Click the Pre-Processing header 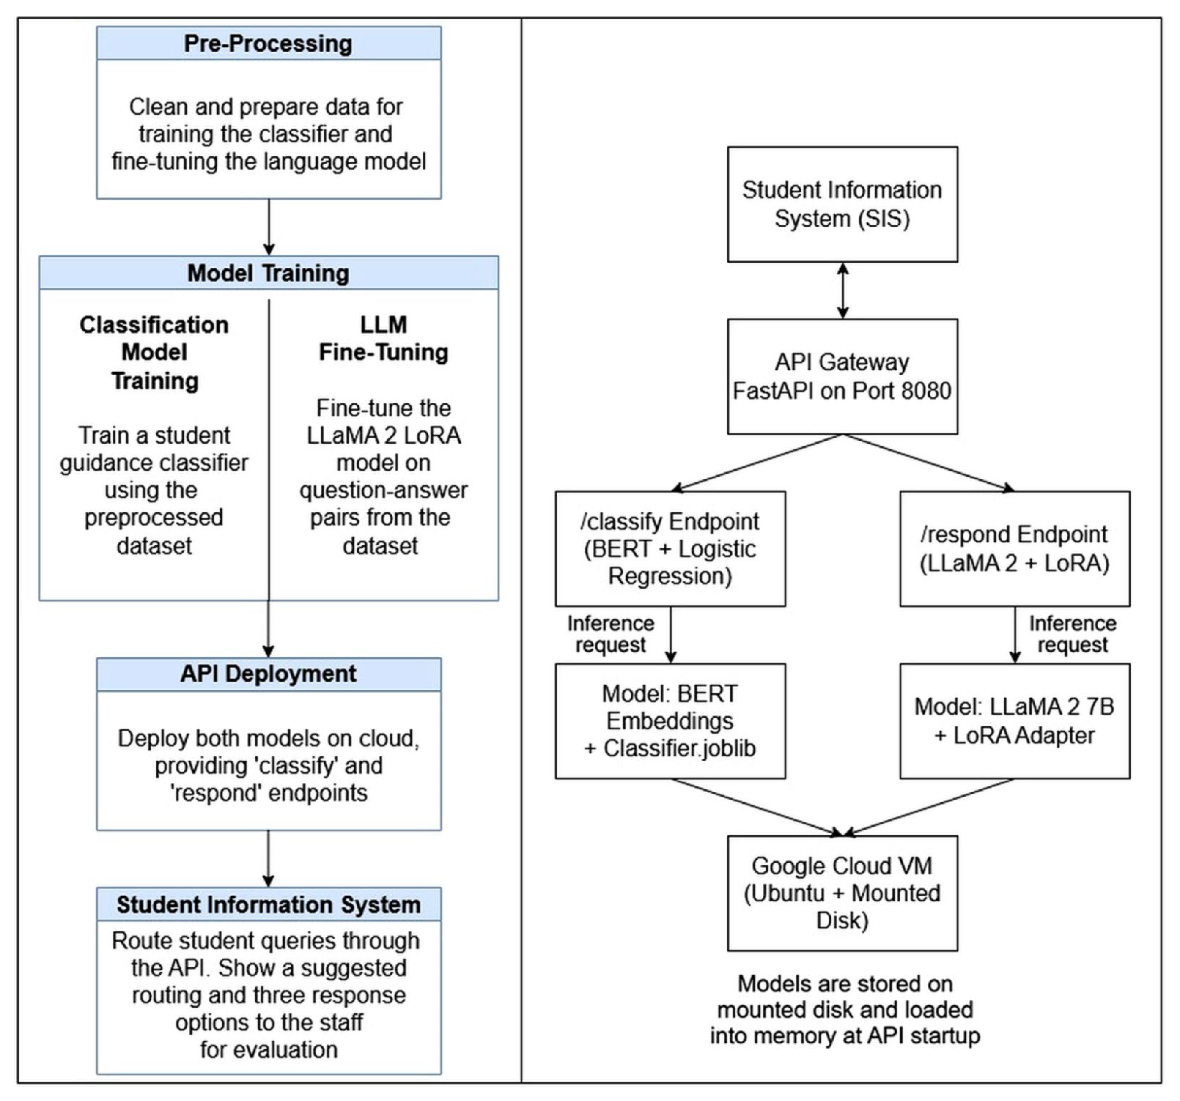(269, 43)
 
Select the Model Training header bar (269, 273)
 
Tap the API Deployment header (269, 674)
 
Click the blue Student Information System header (269, 904)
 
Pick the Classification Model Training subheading (154, 353)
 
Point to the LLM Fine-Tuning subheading (384, 338)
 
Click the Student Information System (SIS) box (842, 204)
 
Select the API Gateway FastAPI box (842, 376)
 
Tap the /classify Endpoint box (671, 548)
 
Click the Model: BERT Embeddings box (671, 720)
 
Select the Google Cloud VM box (842, 893)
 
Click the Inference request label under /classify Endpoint (611, 634)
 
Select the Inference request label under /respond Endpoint (1073, 634)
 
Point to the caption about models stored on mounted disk (845, 1010)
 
